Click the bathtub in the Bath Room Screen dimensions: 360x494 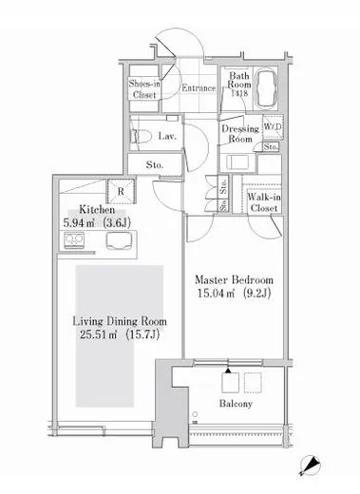click(266, 88)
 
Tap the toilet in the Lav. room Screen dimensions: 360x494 click(140, 137)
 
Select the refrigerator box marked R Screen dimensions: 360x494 click(121, 191)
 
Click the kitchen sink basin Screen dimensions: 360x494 click(119, 241)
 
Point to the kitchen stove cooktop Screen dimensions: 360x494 click(74, 240)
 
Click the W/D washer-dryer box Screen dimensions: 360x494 click(273, 127)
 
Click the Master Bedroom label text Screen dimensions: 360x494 click(234, 280)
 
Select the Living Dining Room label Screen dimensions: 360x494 click(120, 321)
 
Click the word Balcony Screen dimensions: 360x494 click(236, 404)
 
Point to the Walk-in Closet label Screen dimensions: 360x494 click(264, 202)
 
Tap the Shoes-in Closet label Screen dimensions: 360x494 click(144, 89)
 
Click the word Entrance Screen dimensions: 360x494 click(199, 88)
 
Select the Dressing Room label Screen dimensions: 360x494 click(240, 134)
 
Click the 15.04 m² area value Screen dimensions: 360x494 click(216, 294)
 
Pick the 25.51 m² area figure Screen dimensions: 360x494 click(98, 334)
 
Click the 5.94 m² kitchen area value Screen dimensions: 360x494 click(79, 223)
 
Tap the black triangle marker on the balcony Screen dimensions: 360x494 click(228, 370)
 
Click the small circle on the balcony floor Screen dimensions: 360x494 click(195, 414)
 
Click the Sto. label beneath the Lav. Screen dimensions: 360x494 click(155, 165)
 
